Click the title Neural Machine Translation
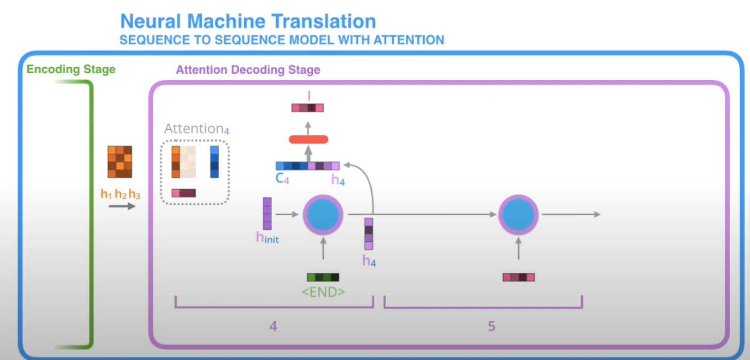(x=248, y=21)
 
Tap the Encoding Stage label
(x=71, y=69)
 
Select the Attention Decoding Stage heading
(x=248, y=70)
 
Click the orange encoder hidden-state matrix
(x=120, y=162)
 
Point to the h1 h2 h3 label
(x=120, y=194)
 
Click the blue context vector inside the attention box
(x=214, y=162)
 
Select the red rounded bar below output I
(x=308, y=139)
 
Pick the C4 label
(x=283, y=179)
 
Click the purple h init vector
(x=267, y=214)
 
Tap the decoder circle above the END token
(x=323, y=214)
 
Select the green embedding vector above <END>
(x=323, y=277)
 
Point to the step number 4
(x=273, y=326)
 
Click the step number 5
(x=491, y=326)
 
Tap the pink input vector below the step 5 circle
(x=518, y=277)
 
